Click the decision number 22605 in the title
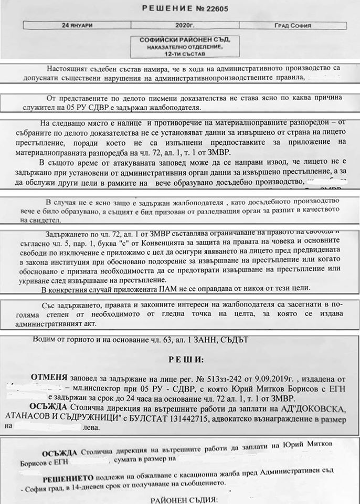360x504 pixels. (x=222, y=7)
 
